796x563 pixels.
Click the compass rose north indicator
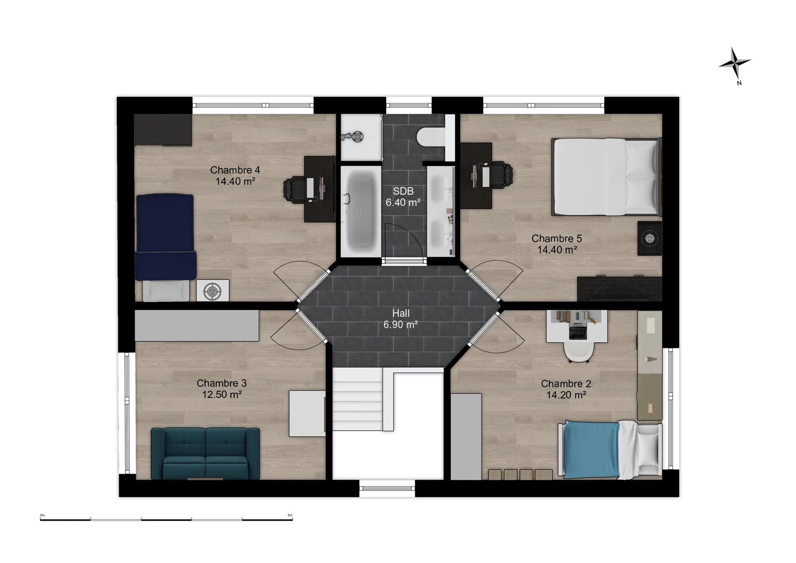click(735, 63)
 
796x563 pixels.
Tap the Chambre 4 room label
click(235, 170)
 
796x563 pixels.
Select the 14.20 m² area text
click(566, 395)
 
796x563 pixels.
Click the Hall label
click(401, 313)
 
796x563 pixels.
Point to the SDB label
click(403, 191)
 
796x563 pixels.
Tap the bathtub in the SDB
click(359, 211)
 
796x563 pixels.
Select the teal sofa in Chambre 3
click(205, 454)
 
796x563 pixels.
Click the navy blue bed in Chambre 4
click(165, 237)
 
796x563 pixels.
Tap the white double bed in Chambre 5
click(606, 177)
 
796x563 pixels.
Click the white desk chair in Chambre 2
click(578, 352)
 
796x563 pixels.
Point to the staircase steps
click(357, 400)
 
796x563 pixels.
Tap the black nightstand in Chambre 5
click(650, 238)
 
